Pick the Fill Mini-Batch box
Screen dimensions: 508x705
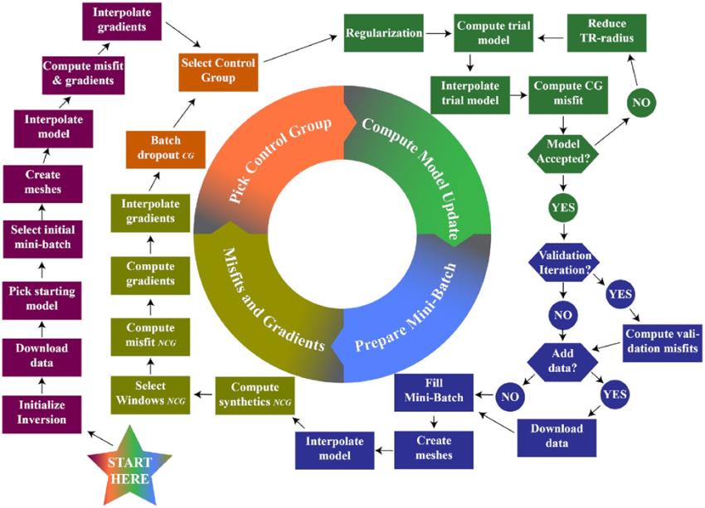(x=434, y=391)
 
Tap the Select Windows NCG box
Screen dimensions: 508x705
(x=147, y=393)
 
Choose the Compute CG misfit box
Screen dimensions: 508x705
(x=564, y=93)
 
